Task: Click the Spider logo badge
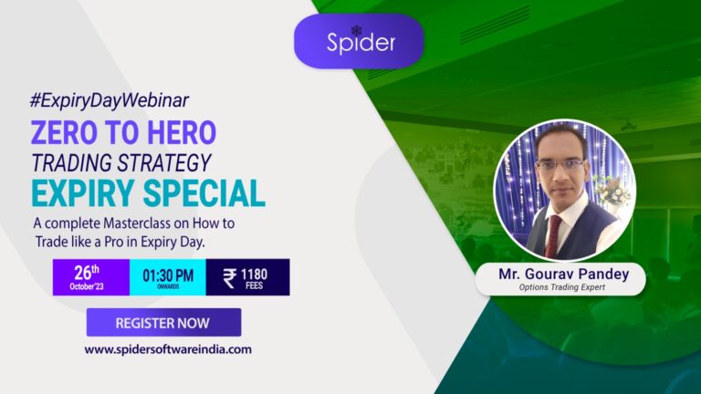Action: pos(358,40)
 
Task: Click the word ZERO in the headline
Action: pos(69,132)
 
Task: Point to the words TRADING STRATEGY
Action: pos(121,162)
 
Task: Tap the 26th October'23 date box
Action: pos(90,277)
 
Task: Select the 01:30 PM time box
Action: pos(168,277)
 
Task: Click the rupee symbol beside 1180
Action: pos(229,277)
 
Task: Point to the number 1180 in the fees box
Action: pos(255,273)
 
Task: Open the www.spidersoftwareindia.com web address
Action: pos(168,348)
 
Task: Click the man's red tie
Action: pos(553,234)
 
